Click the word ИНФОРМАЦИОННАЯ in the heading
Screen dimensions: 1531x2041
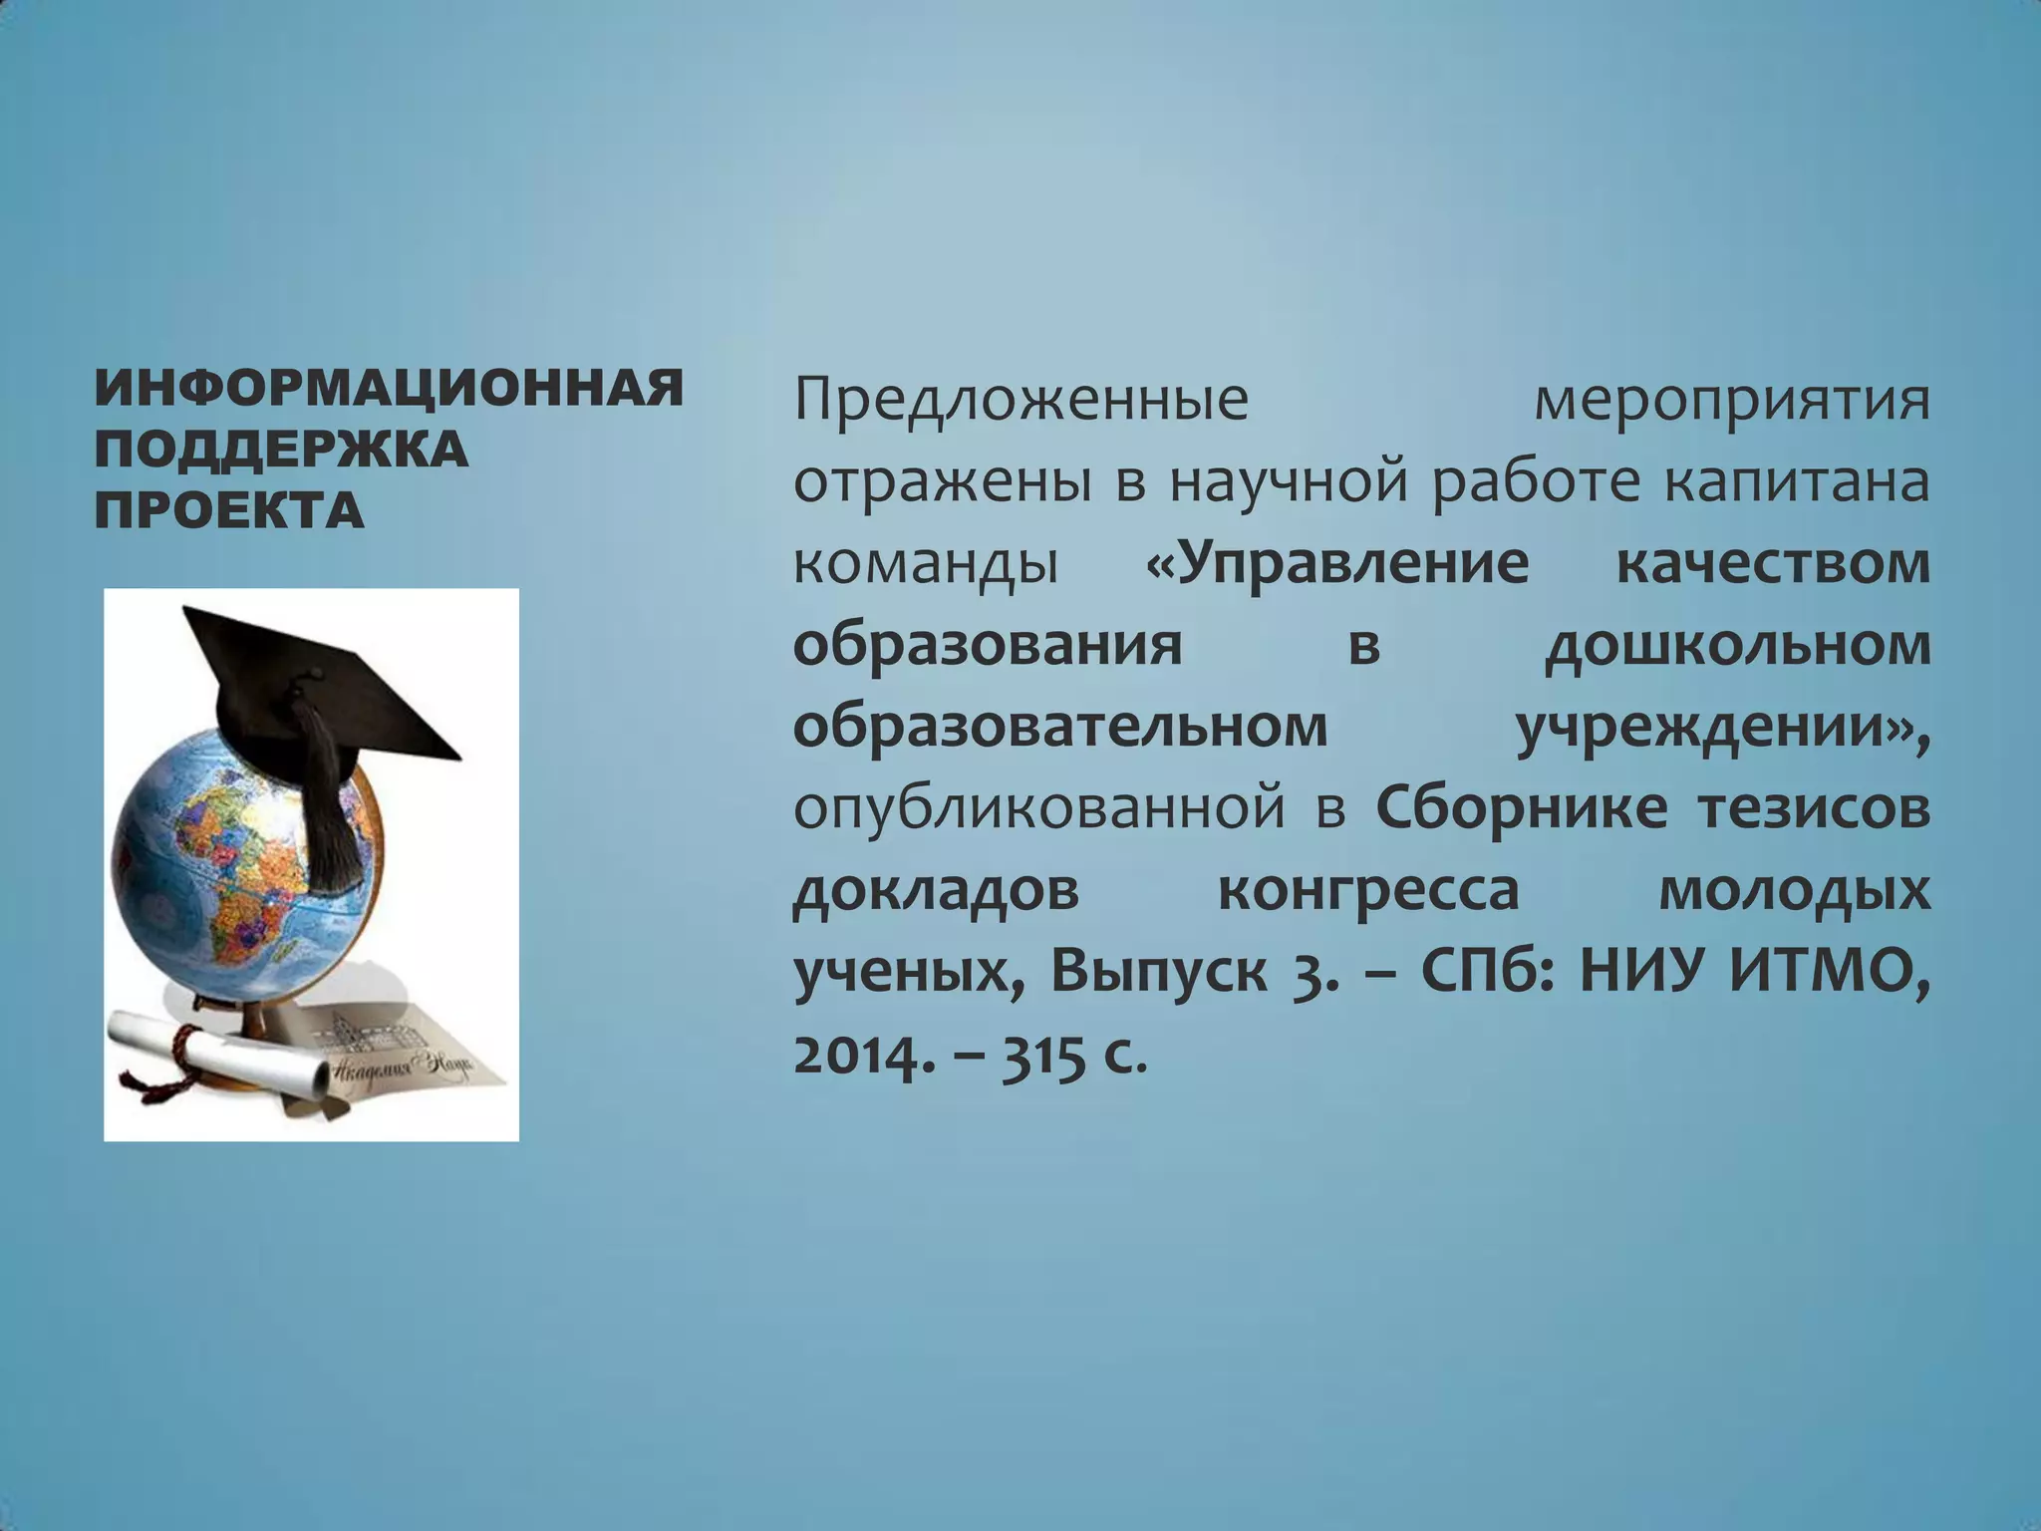[389, 388]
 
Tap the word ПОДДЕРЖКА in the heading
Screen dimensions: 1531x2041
[281, 450]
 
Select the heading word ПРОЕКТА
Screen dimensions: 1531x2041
[229, 510]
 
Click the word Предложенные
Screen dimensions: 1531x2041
[1021, 402]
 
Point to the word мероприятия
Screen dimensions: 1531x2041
[1731, 402]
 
